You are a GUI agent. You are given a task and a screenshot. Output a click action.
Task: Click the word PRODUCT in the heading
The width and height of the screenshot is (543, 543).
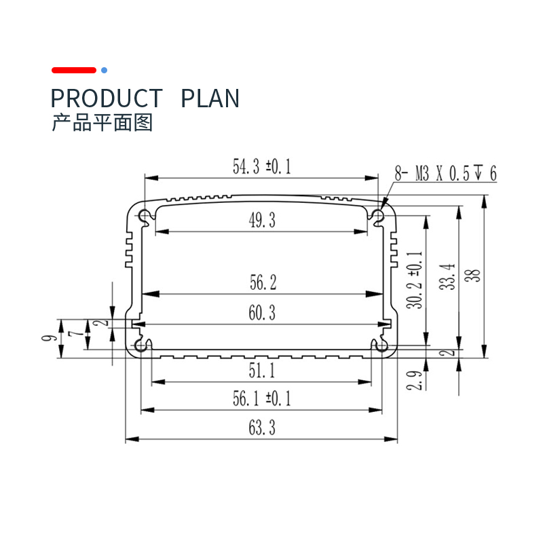pyautogui.click(x=107, y=98)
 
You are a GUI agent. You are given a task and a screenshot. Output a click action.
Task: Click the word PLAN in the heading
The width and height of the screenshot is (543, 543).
pyautogui.click(x=210, y=98)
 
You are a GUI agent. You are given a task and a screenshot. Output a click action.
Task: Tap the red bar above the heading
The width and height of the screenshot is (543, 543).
pyautogui.click(x=74, y=71)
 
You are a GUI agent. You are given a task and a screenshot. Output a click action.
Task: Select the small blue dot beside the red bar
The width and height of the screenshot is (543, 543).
pyautogui.click(x=104, y=71)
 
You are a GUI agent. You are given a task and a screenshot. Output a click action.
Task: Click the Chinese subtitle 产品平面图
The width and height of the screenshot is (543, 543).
pyautogui.click(x=102, y=123)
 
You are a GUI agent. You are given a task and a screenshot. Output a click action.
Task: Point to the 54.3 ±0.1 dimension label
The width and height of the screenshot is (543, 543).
pyautogui.click(x=261, y=166)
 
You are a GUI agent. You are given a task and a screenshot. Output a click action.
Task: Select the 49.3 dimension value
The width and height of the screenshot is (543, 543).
pyautogui.click(x=262, y=220)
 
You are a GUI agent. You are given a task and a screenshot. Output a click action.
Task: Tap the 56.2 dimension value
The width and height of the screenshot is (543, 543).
pyautogui.click(x=263, y=282)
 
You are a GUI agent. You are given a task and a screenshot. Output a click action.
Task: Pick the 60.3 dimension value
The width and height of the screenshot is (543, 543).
pyautogui.click(x=262, y=313)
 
